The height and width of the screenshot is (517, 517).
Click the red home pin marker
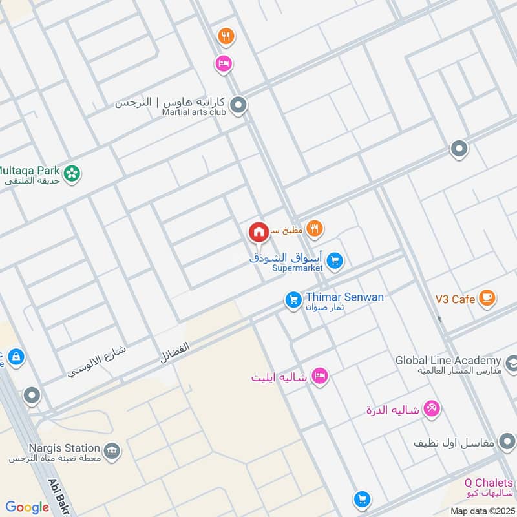[258, 232]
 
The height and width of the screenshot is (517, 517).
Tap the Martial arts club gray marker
[238, 105]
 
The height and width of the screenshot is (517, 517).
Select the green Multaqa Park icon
[72, 173]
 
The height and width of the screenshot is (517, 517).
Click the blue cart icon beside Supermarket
[334, 260]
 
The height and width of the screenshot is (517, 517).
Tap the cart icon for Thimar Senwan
[293, 299]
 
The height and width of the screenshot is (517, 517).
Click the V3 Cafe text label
[454, 299]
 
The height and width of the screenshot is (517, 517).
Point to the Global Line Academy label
[448, 361]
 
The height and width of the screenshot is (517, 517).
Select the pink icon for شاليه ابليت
[319, 376]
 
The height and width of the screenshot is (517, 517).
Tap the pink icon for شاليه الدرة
[432, 408]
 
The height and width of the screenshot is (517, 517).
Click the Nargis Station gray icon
[112, 450]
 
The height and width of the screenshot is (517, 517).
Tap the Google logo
[27, 507]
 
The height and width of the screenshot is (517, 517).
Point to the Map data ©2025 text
[481, 511]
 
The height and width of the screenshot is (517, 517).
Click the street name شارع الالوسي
[97, 362]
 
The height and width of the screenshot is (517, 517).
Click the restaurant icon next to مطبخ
[315, 227]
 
